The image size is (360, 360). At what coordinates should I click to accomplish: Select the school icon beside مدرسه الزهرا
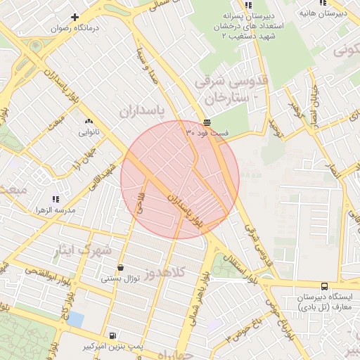(56, 199)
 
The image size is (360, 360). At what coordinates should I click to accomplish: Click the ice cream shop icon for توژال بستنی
(122, 267)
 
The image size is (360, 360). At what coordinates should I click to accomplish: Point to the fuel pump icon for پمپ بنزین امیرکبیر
(112, 335)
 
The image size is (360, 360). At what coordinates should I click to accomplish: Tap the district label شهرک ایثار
(82, 250)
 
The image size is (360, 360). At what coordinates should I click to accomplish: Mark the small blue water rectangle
(75, 320)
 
